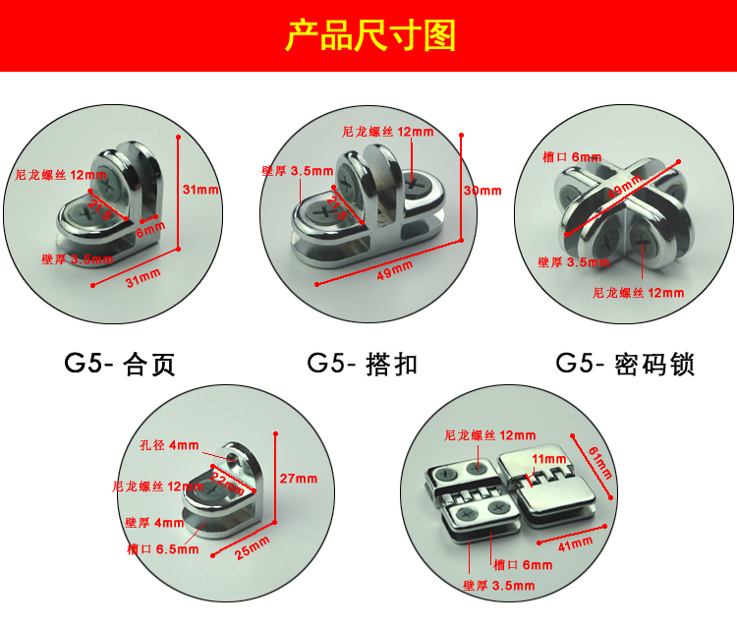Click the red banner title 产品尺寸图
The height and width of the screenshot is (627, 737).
pyautogui.click(x=368, y=36)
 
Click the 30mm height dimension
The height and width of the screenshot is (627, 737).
pyautogui.click(x=482, y=191)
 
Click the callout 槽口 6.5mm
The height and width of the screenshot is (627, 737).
pyautogui.click(x=163, y=549)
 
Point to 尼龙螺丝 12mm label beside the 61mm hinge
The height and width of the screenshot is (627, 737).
pyautogui.click(x=490, y=434)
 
